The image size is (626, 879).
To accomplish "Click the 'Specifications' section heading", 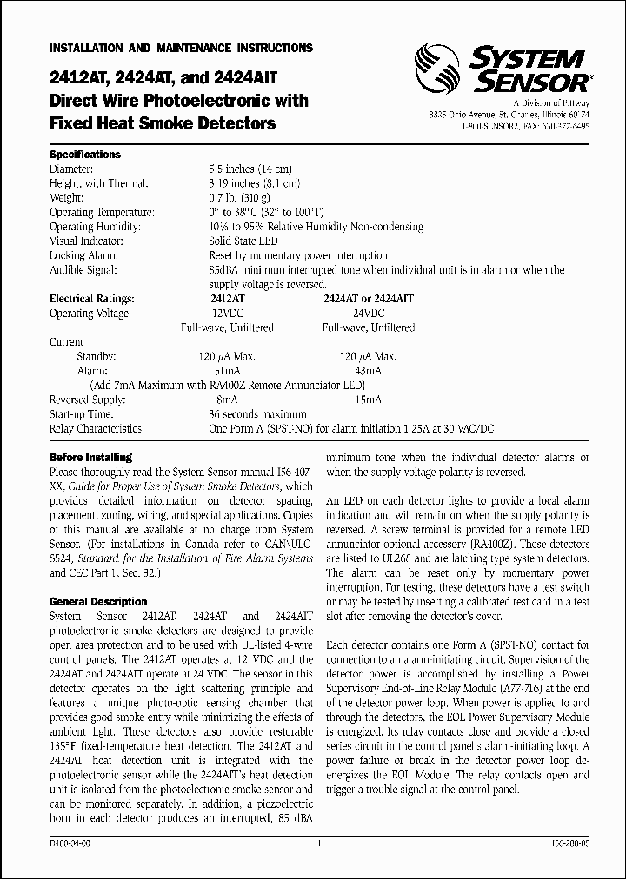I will tap(85, 155).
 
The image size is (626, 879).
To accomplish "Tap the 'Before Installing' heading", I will tap(90, 457).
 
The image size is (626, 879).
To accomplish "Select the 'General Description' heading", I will tap(98, 601).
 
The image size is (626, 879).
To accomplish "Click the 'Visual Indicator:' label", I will tap(90, 241).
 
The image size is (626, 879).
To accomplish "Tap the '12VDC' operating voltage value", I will tap(228, 313).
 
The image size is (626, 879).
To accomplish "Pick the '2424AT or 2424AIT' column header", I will tap(368, 298).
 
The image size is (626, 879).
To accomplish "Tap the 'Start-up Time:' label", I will tap(83, 413).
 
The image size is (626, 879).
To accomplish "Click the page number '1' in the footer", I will tap(320, 843).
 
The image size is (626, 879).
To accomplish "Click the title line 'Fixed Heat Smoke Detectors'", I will tap(163, 123).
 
